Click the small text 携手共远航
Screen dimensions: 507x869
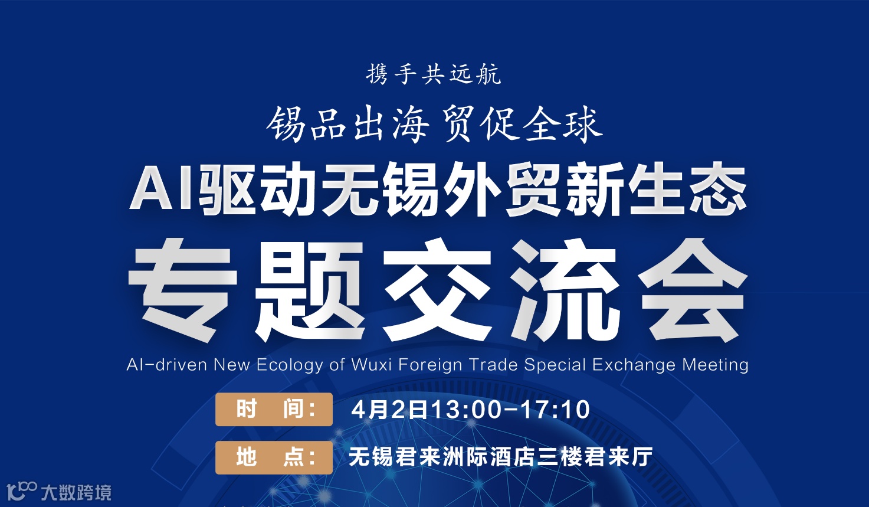pyautogui.click(x=434, y=75)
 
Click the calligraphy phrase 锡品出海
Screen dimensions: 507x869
pyautogui.click(x=347, y=125)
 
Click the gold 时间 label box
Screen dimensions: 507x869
pyautogui.click(x=274, y=409)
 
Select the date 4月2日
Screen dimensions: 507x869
pyautogui.click(x=389, y=410)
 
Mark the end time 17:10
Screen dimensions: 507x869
pyautogui.click(x=555, y=410)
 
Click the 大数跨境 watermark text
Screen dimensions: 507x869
pyautogui.click(x=76, y=492)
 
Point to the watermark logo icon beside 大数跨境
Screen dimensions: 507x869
pyautogui.click(x=22, y=490)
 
